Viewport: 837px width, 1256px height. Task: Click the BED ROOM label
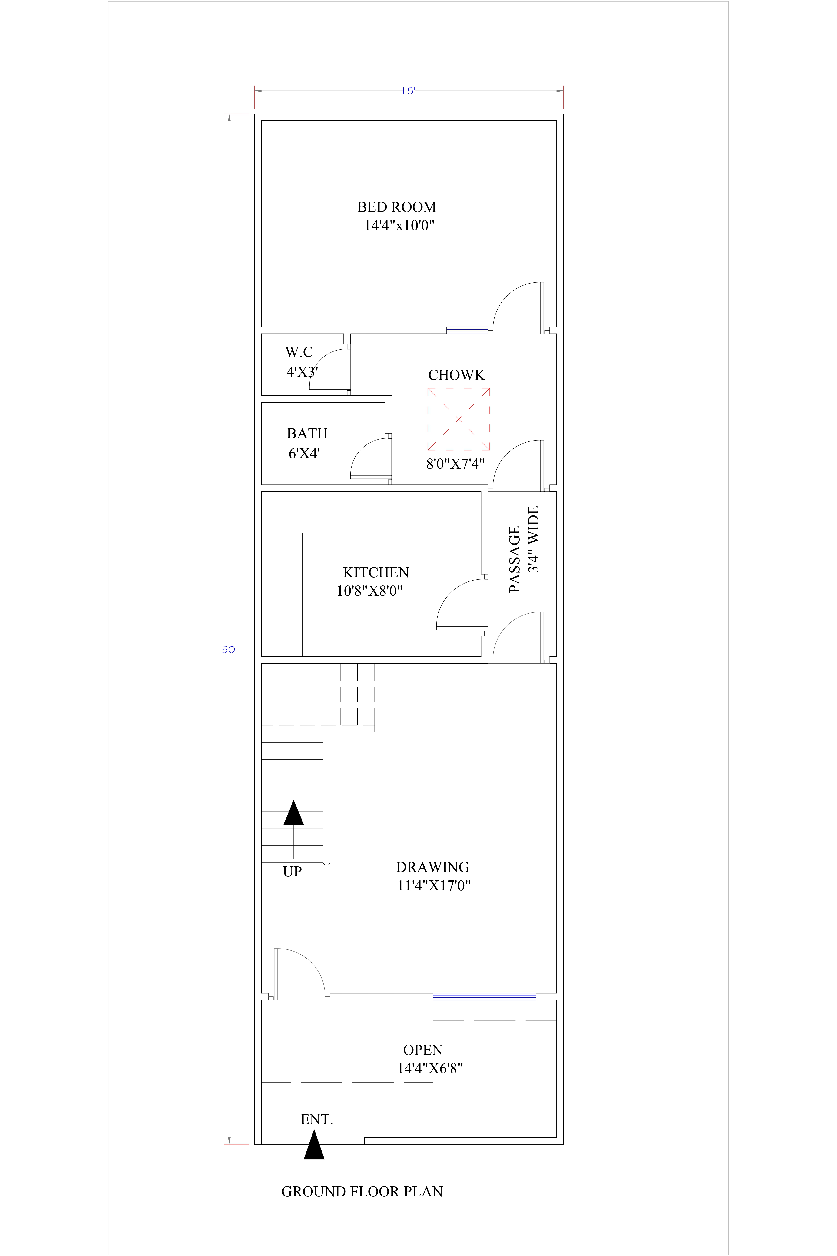click(x=397, y=207)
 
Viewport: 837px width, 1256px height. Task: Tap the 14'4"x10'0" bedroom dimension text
click(x=399, y=225)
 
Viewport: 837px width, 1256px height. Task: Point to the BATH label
click(x=307, y=434)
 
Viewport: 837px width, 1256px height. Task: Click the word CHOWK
click(x=456, y=375)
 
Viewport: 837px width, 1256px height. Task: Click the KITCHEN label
click(x=376, y=572)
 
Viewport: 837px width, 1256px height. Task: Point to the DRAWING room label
click(x=432, y=867)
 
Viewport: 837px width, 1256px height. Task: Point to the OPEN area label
click(x=423, y=1050)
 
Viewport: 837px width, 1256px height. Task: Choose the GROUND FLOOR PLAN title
click(x=362, y=1192)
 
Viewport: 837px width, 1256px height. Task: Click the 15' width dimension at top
click(x=408, y=91)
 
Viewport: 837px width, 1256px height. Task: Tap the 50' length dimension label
click(x=229, y=650)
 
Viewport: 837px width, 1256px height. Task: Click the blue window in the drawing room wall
click(x=484, y=996)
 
